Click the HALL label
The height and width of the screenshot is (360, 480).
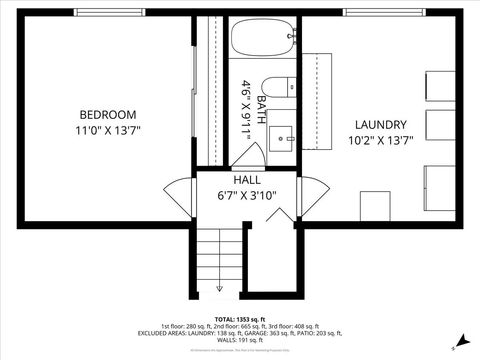pyautogui.click(x=247, y=180)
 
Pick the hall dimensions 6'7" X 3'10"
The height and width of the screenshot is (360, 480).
pyautogui.click(x=247, y=196)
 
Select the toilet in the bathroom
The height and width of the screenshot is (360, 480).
pyautogui.click(x=277, y=89)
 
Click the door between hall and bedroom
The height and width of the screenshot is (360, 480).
pyautogui.click(x=181, y=196)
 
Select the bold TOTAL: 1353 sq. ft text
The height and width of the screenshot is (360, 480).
pyautogui.click(x=240, y=318)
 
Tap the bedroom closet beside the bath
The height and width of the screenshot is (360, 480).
pyautogui.click(x=211, y=90)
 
